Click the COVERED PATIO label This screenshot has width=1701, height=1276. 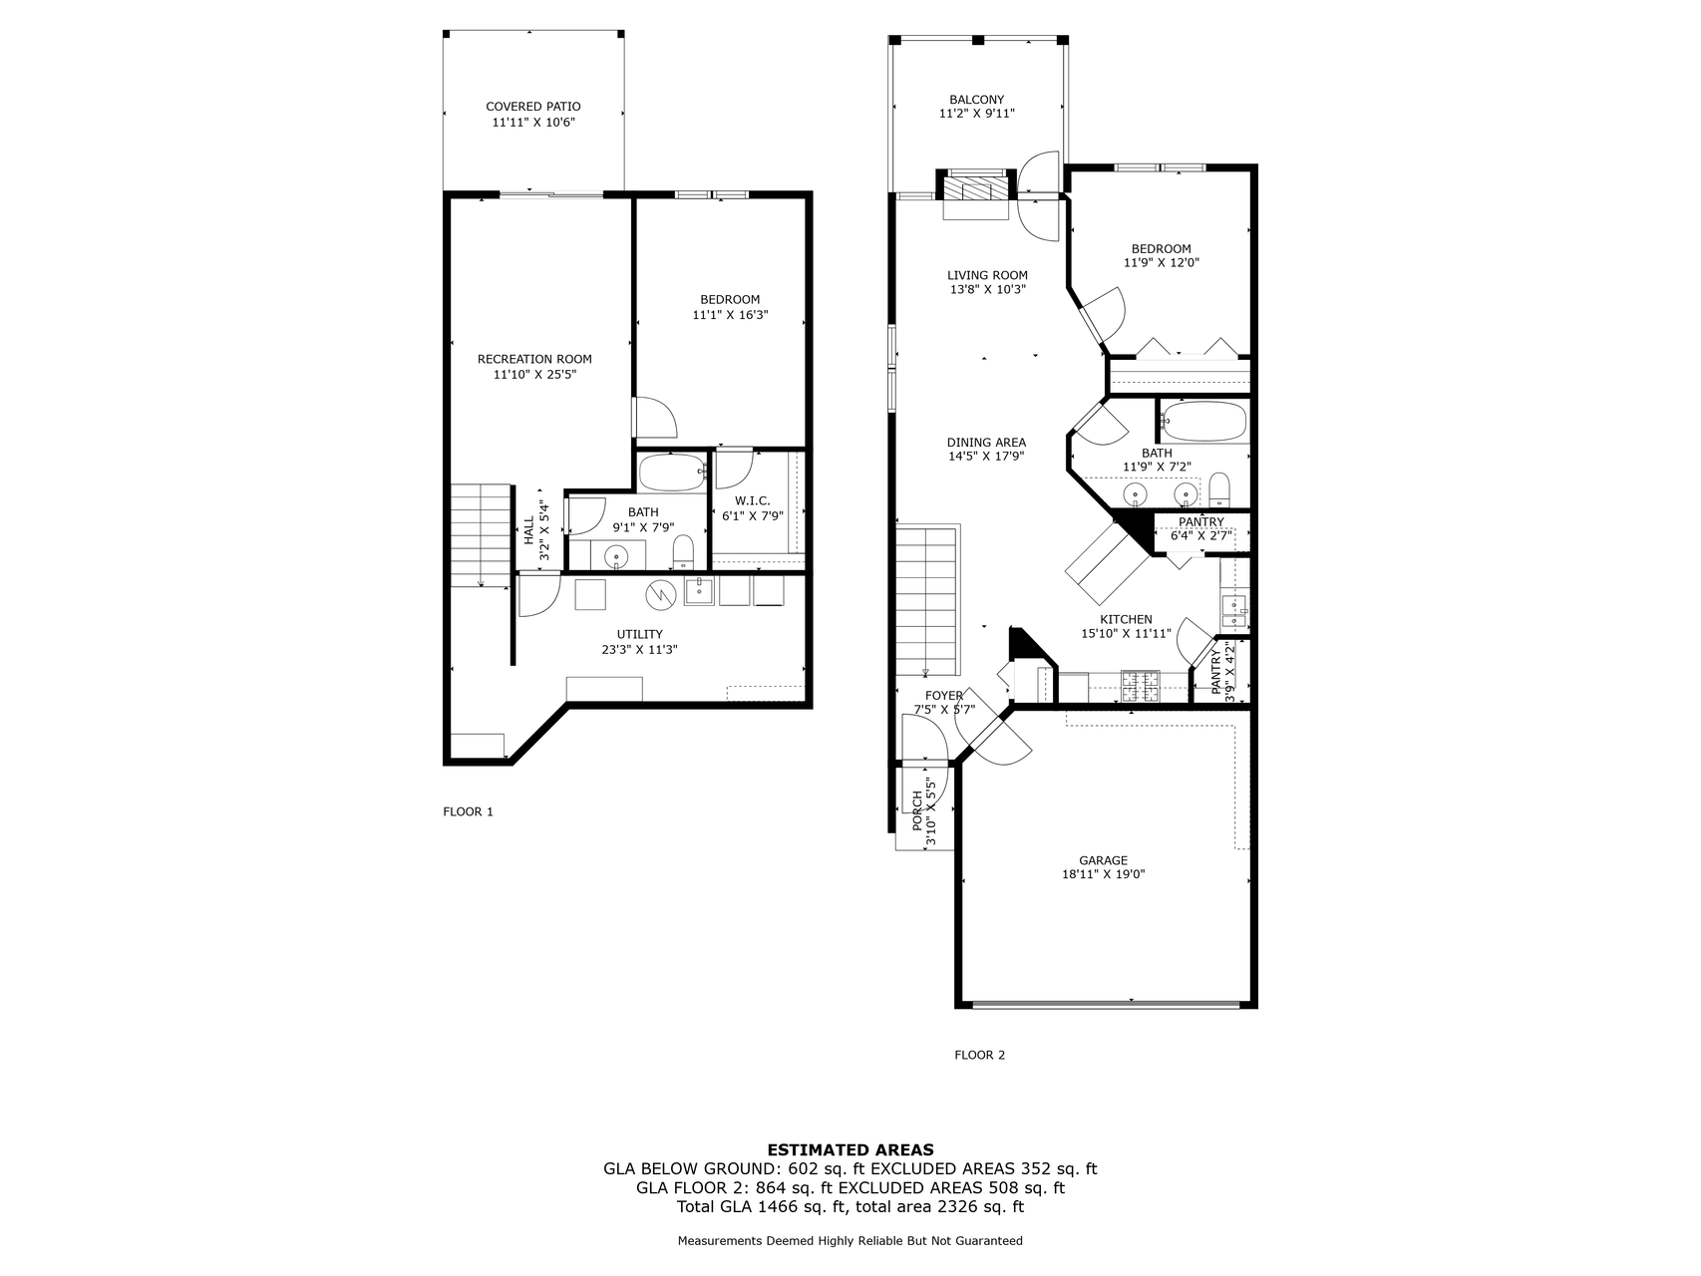[x=532, y=107]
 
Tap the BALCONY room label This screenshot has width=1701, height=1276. [x=976, y=100]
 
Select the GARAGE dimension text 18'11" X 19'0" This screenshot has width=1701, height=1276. [x=1103, y=875]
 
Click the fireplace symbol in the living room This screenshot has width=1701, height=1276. [x=976, y=189]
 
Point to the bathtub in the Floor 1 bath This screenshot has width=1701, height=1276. [x=672, y=473]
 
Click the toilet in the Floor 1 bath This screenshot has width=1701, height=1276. [x=683, y=550]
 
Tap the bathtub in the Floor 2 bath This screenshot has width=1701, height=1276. [x=1204, y=423]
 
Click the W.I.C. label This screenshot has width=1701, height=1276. [x=752, y=501]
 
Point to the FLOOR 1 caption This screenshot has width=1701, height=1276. [x=468, y=811]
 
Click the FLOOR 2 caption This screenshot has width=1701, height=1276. [x=979, y=1055]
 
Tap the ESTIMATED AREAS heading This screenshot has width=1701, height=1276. [x=850, y=1149]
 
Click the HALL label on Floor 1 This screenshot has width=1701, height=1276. [x=528, y=531]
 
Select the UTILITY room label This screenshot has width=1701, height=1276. [x=639, y=634]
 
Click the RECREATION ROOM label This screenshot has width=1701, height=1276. [x=534, y=359]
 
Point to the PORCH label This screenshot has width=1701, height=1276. [x=917, y=811]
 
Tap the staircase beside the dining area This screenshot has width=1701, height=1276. [x=926, y=601]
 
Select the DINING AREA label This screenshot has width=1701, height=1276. [x=985, y=443]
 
